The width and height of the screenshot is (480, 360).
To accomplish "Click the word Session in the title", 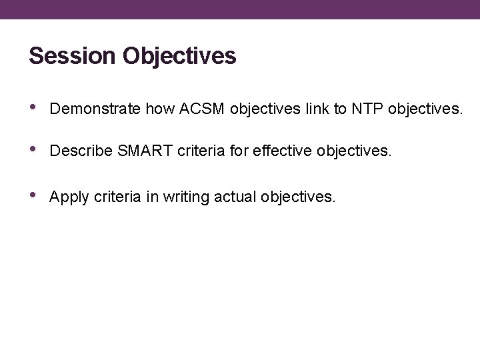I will tap(73, 56).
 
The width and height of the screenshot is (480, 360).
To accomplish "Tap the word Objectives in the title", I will tap(179, 56).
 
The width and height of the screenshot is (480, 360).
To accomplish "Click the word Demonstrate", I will tap(91, 109).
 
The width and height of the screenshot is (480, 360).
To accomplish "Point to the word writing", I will tap(183, 197).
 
